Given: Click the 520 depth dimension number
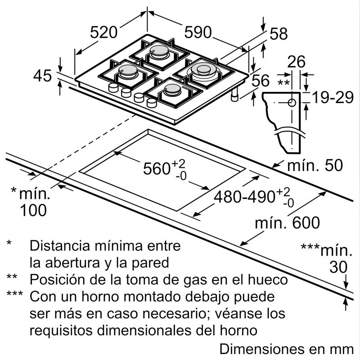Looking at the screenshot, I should pos(103,32).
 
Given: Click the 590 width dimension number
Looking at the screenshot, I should pos(198,32).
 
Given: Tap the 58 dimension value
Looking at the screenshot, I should pos(279,33).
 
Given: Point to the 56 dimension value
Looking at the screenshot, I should pos(260,81).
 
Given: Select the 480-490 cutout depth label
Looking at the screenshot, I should pos(245,196).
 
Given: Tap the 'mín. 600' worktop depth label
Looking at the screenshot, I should pos(287,222).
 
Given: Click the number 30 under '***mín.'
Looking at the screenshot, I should pos(338,267).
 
